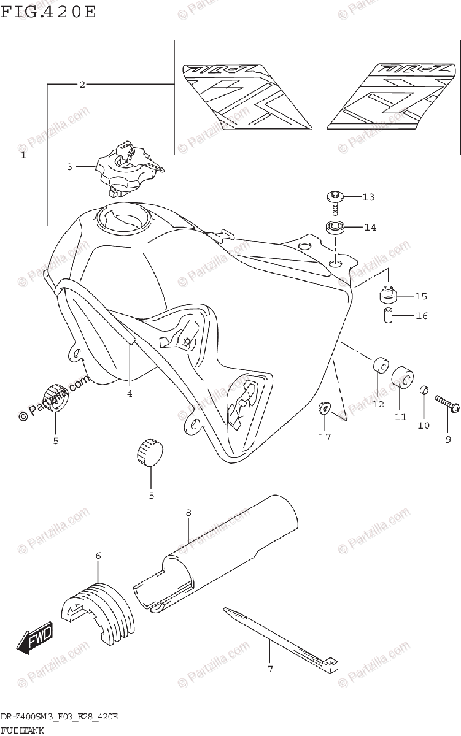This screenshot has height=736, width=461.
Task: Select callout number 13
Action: (368, 197)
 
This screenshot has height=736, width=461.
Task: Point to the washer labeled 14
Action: (335, 228)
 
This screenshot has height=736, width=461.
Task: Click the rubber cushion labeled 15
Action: (389, 296)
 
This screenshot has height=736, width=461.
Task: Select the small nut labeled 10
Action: (424, 391)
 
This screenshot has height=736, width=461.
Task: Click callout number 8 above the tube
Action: (188, 512)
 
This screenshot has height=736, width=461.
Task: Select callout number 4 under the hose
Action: (130, 393)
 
